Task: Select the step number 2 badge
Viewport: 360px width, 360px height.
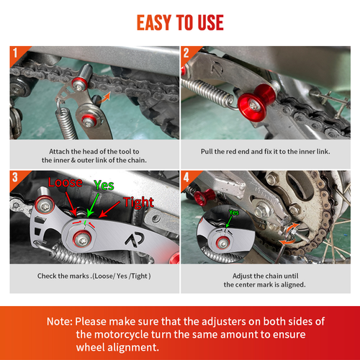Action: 185,53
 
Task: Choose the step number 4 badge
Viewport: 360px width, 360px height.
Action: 185,176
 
